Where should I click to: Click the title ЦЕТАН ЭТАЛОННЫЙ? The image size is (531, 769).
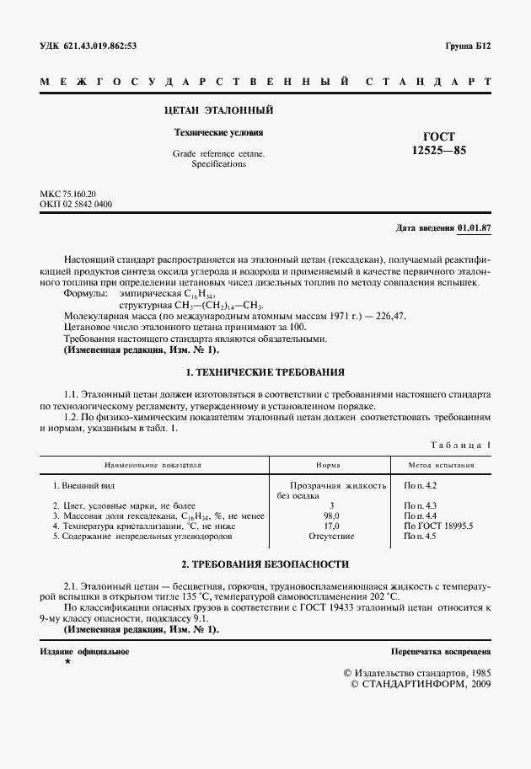(218, 110)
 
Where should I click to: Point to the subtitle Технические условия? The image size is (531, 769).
(218, 132)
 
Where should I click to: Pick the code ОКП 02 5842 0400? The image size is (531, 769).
(76, 204)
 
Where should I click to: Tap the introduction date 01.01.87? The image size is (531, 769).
(475, 228)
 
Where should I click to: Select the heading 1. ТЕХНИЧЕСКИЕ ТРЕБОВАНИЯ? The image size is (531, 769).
(265, 371)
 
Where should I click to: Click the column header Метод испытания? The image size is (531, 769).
(441, 464)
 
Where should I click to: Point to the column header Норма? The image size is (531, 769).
(328, 464)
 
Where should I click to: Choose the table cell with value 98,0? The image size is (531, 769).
(330, 515)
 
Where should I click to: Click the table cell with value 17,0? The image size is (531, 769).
(330, 525)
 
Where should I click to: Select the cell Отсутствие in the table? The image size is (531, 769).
(330, 536)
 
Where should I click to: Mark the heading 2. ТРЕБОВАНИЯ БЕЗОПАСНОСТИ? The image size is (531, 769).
(265, 563)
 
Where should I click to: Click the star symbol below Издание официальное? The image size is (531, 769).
(67, 663)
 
